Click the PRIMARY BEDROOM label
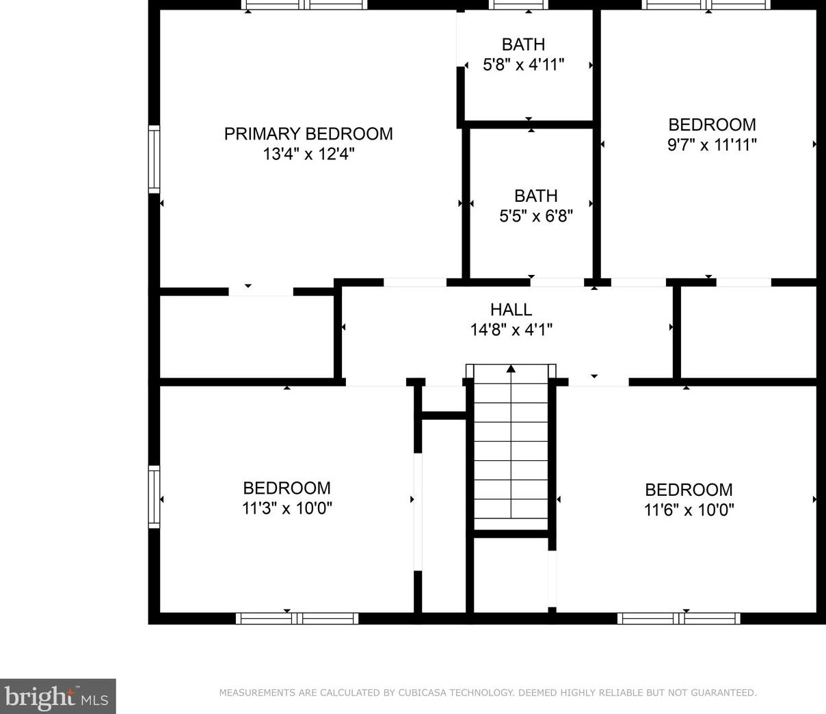[308, 133]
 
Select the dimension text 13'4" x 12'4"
[308, 154]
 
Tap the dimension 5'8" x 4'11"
[523, 65]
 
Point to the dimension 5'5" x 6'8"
[535, 216]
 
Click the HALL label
[511, 309]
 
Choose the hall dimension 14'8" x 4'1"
[511, 330]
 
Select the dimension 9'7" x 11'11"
[712, 145]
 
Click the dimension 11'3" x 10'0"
[287, 508]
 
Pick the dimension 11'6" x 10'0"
[689, 510]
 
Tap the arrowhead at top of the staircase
[511, 369]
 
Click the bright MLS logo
[57, 696]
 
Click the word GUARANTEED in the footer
[722, 693]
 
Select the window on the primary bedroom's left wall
[155, 159]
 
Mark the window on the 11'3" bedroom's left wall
[155, 497]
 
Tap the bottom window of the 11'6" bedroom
[678, 618]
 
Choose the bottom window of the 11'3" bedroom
[297, 618]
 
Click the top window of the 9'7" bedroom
[706, 5]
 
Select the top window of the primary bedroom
[304, 5]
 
